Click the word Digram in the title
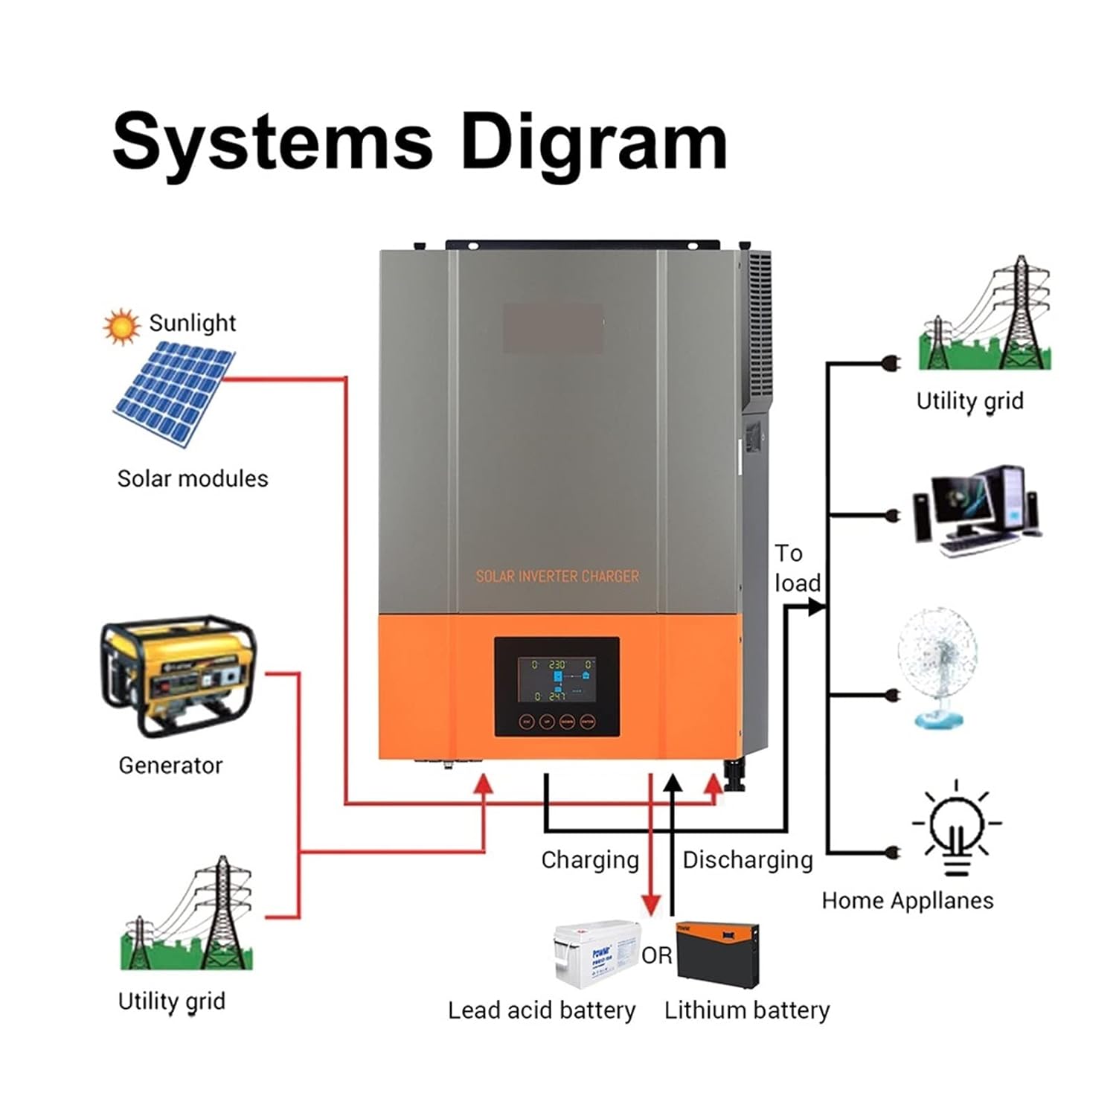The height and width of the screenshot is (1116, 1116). tap(594, 143)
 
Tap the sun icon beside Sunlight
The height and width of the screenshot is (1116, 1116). tap(121, 327)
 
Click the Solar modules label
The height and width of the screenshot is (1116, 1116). tap(193, 478)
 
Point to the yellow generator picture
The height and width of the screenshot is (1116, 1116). tap(178, 676)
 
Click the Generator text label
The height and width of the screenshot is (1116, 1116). tap(170, 765)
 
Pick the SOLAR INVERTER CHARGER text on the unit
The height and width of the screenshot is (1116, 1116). tap(557, 576)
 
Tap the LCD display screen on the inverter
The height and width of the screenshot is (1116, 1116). tap(557, 679)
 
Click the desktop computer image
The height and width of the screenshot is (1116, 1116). tap(976, 511)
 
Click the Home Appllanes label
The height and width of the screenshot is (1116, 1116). tap(907, 900)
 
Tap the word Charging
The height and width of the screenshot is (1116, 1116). tap(590, 860)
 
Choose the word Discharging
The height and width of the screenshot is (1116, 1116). tap(747, 860)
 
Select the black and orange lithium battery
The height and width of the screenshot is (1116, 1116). tap(718, 954)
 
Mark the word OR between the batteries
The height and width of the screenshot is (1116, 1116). tap(656, 955)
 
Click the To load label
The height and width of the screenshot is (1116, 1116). tap(796, 568)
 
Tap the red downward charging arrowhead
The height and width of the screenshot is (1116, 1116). tap(651, 905)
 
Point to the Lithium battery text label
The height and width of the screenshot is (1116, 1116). tap(746, 1010)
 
